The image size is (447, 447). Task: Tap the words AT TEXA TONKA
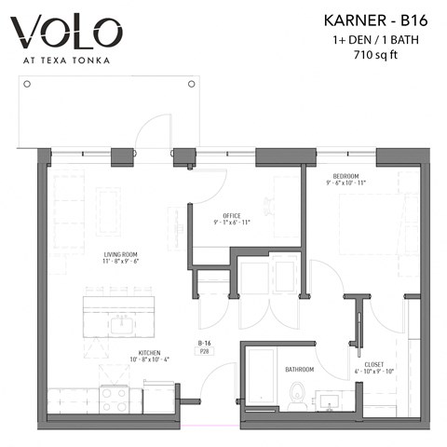(x=67, y=61)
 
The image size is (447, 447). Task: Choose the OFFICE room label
(x=232, y=216)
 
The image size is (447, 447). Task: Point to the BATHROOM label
(x=299, y=370)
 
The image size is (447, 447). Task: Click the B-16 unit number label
(x=202, y=343)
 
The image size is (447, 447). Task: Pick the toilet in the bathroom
(x=298, y=395)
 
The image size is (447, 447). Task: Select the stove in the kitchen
(x=114, y=399)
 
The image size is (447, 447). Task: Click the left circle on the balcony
(x=27, y=84)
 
